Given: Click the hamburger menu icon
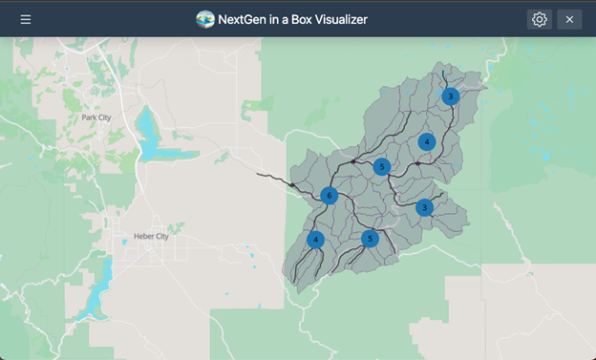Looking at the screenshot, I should pos(26,19).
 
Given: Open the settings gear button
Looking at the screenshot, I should pos(540,19).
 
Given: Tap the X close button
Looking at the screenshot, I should pos(569,19).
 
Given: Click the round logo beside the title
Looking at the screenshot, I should pos(204,19).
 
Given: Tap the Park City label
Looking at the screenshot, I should pos(96,117).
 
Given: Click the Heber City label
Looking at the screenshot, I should pos(150,236).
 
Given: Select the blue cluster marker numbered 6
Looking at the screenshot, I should pos(330,196).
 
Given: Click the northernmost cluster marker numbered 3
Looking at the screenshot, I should pos(451,96).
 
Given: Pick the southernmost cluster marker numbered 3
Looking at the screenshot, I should pos(425,207).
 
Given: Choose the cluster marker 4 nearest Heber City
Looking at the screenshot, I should pos(316,240).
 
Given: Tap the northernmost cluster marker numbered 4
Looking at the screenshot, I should pos(427,141).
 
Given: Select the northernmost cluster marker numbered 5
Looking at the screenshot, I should pos(382,167).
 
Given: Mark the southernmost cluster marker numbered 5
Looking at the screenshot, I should pos(371,239).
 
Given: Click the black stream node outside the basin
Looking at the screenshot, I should pos(292,185).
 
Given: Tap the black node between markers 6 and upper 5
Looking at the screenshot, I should pos(352,162).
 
